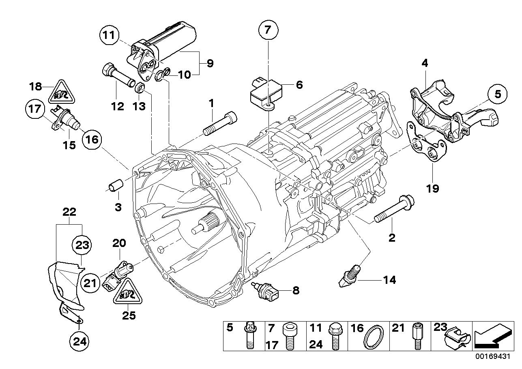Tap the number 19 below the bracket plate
pos(433,189)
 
